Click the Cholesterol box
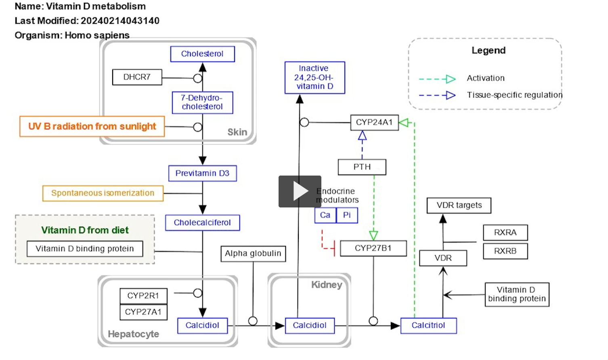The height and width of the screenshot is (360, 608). click(x=202, y=54)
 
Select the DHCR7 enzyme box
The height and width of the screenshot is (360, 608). click(x=137, y=77)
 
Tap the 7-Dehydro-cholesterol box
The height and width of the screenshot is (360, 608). click(x=202, y=103)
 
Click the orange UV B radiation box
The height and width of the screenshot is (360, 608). click(x=92, y=127)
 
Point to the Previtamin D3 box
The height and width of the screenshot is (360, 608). click(x=202, y=174)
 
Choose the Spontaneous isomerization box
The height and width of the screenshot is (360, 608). click(x=103, y=193)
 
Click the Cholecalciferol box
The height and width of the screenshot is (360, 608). click(x=202, y=223)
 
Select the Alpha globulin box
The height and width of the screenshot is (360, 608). click(x=253, y=254)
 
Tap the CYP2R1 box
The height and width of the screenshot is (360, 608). click(x=143, y=296)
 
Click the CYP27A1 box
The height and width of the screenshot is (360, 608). click(x=143, y=312)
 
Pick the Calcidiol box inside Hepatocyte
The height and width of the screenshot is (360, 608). click(x=202, y=326)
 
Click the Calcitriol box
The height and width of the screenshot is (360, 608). click(x=428, y=326)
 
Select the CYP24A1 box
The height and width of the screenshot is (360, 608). click(x=374, y=123)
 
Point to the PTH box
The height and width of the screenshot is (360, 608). click(x=362, y=167)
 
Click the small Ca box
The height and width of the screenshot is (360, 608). click(x=325, y=215)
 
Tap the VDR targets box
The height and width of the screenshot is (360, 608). click(x=459, y=205)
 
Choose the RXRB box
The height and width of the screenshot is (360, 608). click(x=505, y=251)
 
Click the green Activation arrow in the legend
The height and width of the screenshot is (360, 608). click(x=438, y=79)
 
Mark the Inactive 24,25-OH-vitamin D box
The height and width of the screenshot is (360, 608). click(x=314, y=77)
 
